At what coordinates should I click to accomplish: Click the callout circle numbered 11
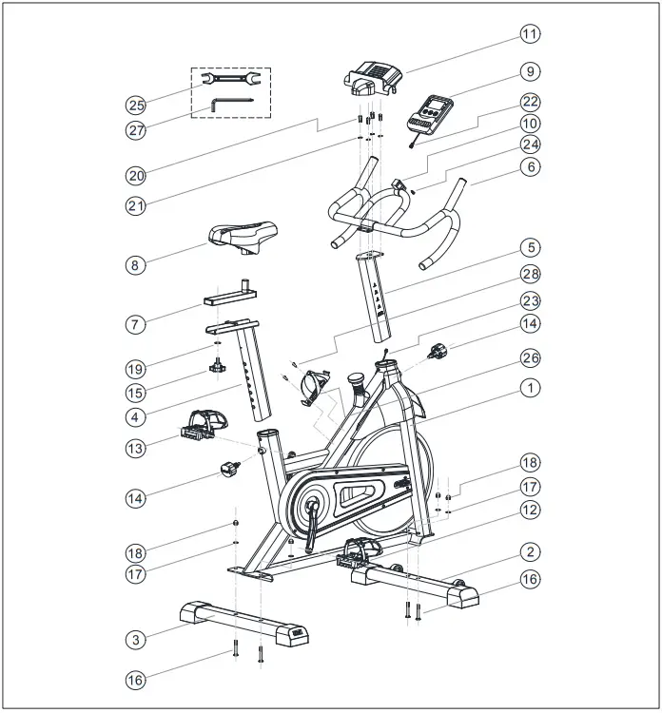pos(530,33)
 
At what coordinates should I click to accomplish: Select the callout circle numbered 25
pos(137,103)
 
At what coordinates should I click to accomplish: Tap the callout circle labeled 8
pos(137,265)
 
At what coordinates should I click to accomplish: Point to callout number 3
pos(137,640)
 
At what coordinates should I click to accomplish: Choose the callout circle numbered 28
pos(530,275)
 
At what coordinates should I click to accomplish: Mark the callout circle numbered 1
pos(530,388)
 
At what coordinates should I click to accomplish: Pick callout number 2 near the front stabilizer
pos(530,551)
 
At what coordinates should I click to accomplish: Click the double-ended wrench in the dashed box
pos(231,82)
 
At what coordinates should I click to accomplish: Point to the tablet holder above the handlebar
pos(375,76)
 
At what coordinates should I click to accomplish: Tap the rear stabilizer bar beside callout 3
pos(243,622)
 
